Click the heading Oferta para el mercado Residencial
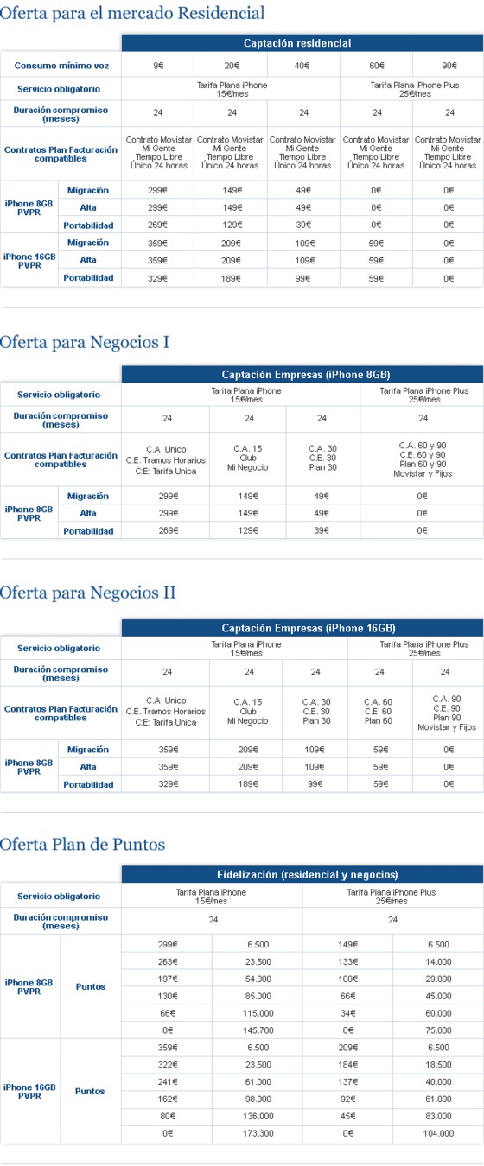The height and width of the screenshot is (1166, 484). [132, 13]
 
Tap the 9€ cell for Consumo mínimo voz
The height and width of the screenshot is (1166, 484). [158, 66]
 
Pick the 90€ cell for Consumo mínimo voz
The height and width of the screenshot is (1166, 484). [449, 66]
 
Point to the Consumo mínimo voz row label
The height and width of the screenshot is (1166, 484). [60, 66]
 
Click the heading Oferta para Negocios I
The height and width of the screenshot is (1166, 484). [84, 342]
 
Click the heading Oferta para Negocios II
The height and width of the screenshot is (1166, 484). [87, 593]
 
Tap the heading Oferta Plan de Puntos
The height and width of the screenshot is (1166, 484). [82, 844]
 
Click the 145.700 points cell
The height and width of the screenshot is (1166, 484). [258, 1030]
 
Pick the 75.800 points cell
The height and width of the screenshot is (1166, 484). [438, 1030]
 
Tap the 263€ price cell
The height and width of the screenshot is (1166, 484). [168, 961]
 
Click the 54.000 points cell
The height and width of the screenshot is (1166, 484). [258, 978]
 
